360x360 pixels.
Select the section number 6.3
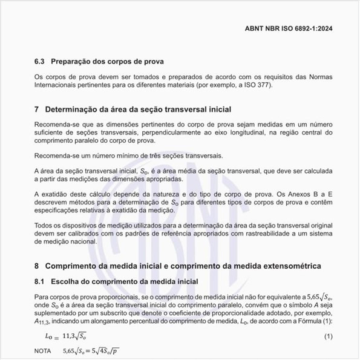click(x=40, y=62)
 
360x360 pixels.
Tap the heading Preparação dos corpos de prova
click(x=108, y=62)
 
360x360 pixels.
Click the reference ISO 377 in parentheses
click(x=257, y=85)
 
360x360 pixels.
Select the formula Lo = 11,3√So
click(x=70, y=336)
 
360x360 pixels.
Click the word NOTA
click(x=43, y=351)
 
